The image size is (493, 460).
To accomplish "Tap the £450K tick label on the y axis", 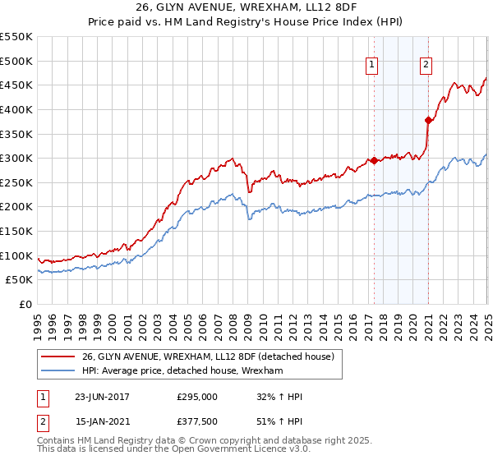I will pyautogui.click(x=16, y=85).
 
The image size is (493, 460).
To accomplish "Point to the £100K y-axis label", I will pyautogui.click(x=16, y=255).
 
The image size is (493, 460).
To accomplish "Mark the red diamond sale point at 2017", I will pyautogui.click(x=374, y=160).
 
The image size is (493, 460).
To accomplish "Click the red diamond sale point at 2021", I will pyautogui.click(x=428, y=120).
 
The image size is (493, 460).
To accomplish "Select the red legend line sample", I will pyautogui.click(x=58, y=357).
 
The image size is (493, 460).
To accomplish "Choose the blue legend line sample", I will pyautogui.click(x=58, y=371).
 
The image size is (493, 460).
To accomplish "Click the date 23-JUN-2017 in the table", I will pyautogui.click(x=102, y=397).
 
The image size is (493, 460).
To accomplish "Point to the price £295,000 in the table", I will pyautogui.click(x=197, y=397).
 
